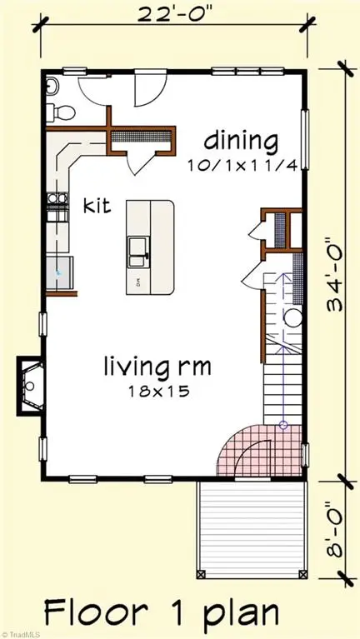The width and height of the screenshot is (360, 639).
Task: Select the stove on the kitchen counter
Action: (56, 205)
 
